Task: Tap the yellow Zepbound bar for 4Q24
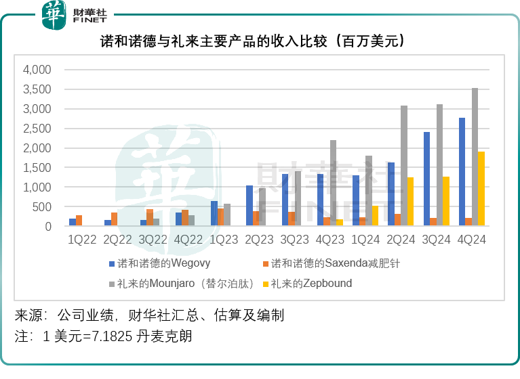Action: click(481, 189)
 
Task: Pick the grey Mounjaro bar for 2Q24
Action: click(403, 166)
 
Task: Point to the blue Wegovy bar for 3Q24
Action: click(426, 179)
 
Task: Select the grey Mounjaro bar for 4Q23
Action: click(333, 183)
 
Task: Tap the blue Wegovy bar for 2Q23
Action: click(249, 206)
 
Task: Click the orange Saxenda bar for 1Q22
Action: click(79, 221)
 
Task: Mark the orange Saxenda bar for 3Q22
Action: click(149, 218)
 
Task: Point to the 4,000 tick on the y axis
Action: click(37, 70)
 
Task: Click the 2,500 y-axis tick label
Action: click(37, 129)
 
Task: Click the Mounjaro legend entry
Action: click(184, 284)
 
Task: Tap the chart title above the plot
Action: click(260, 42)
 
